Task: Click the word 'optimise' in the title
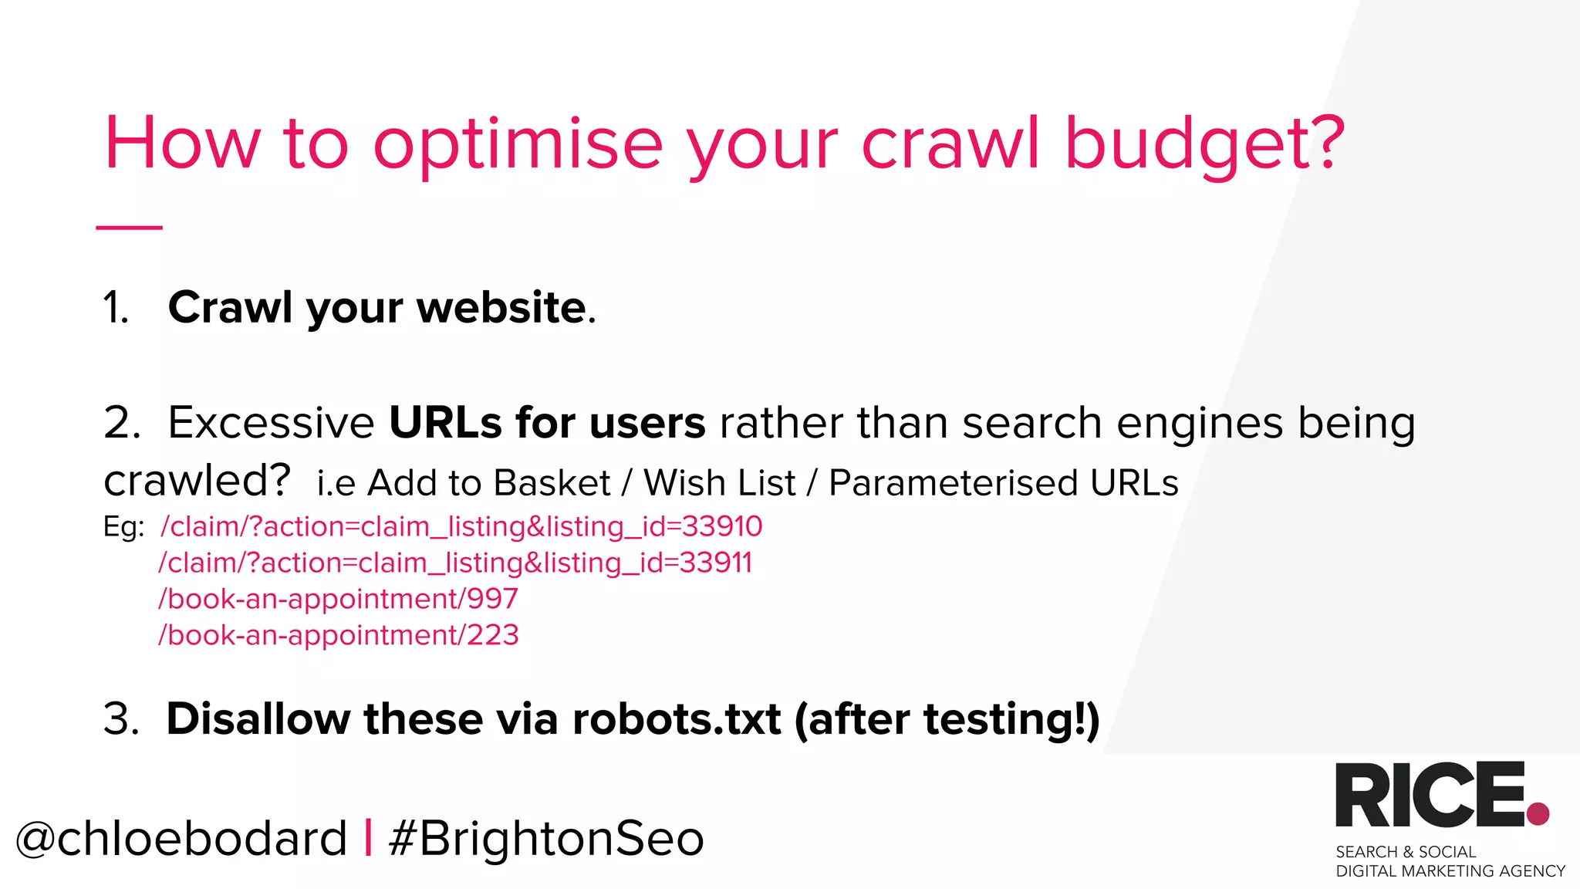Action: tap(518, 145)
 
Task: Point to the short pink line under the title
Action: tap(129, 228)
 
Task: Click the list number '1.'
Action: tap(116, 308)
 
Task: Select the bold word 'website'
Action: tap(502, 308)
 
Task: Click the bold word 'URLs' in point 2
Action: tap(444, 423)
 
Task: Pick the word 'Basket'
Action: tap(552, 484)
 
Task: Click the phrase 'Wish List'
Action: tap(719, 484)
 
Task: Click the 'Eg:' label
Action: tap(123, 527)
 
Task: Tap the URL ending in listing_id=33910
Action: tap(461, 527)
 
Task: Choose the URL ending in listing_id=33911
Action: tap(455, 563)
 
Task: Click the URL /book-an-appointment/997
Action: tap(339, 600)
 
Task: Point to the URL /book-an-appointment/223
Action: tap(339, 636)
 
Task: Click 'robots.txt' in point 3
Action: tap(677, 719)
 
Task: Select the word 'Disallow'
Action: tap(258, 719)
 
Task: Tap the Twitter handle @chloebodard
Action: tap(182, 839)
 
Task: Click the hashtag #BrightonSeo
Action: tap(546, 839)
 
